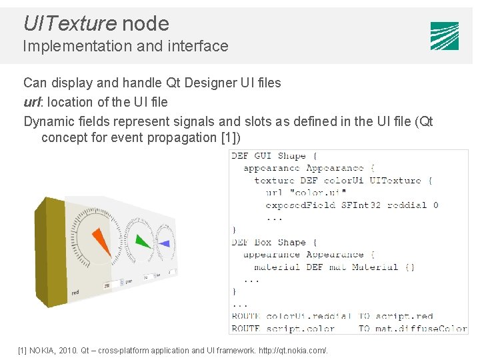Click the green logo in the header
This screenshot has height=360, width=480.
tap(444, 36)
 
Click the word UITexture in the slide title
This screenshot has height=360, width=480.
tap(69, 24)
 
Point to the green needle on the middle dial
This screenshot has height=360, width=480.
tap(142, 241)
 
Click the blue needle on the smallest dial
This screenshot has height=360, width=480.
tap(164, 244)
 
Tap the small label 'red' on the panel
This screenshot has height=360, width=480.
tap(75, 292)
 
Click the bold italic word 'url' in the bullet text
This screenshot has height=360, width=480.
tap(32, 102)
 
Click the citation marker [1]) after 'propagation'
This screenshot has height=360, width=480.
tap(230, 138)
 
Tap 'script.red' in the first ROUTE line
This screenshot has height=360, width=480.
tap(404, 316)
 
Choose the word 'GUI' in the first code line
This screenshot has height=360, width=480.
tap(263, 156)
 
